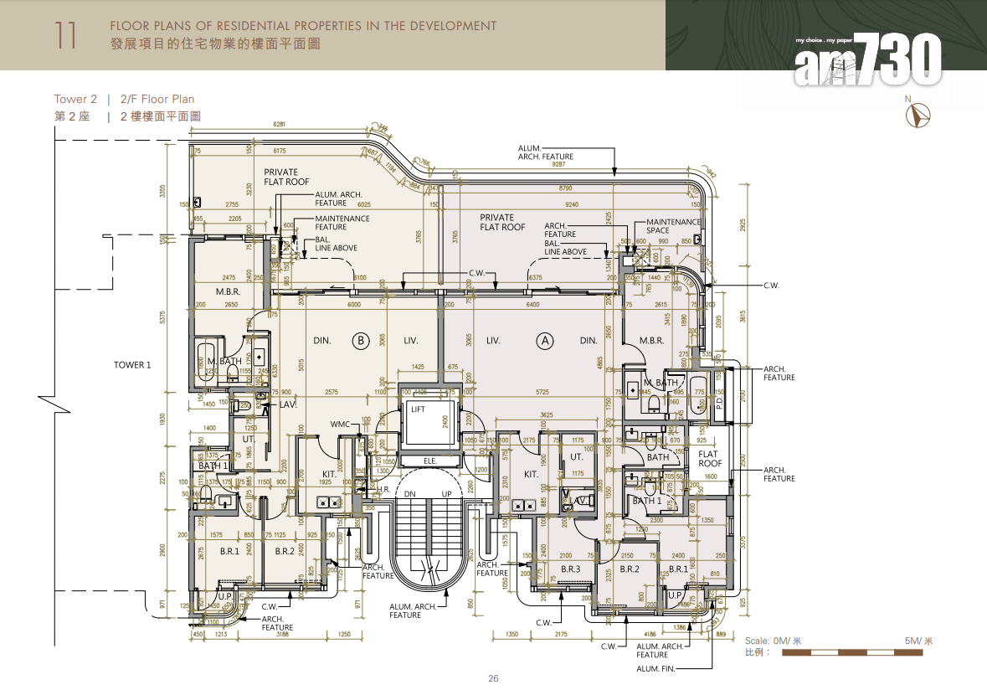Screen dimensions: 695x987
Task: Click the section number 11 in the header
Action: pyautogui.click(x=68, y=34)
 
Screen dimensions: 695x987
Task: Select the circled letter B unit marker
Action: pyautogui.click(x=360, y=341)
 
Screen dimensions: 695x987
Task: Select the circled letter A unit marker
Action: pyautogui.click(x=545, y=341)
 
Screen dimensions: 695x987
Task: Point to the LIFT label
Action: pyautogui.click(x=418, y=409)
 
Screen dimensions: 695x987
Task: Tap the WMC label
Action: pyautogui.click(x=340, y=425)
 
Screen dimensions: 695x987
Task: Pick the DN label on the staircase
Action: pyautogui.click(x=411, y=494)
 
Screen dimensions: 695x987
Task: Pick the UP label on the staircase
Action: pyautogui.click(x=446, y=494)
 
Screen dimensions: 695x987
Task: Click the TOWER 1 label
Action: pyautogui.click(x=132, y=365)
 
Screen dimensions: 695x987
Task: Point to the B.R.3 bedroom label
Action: pyautogui.click(x=570, y=569)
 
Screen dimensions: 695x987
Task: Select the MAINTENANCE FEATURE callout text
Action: pyautogui.click(x=342, y=223)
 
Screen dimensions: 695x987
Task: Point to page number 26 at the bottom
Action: pyautogui.click(x=493, y=678)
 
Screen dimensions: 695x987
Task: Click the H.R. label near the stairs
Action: pyautogui.click(x=384, y=489)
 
